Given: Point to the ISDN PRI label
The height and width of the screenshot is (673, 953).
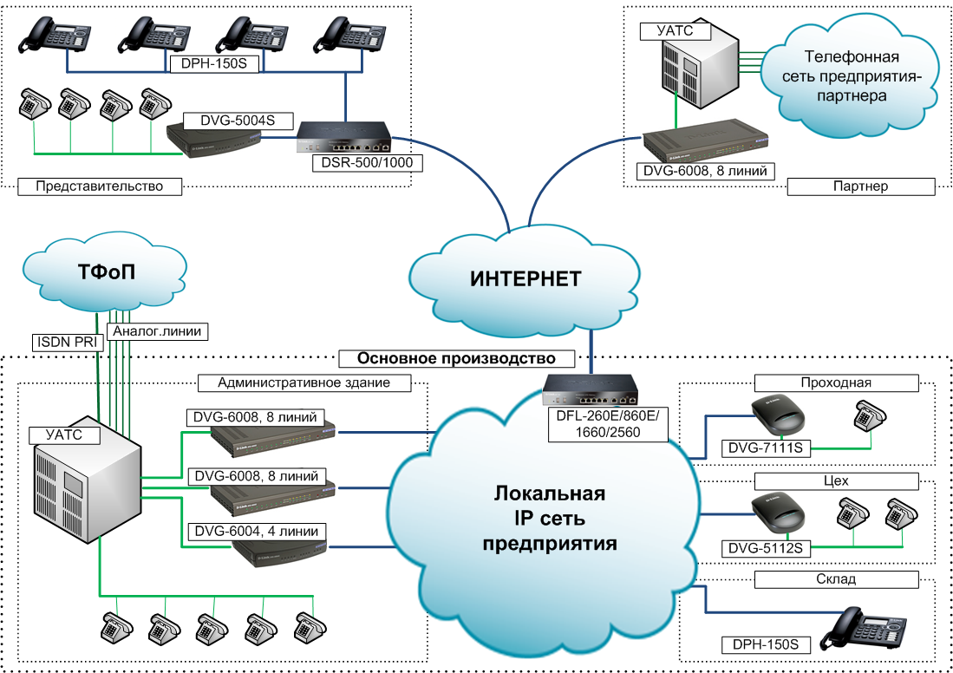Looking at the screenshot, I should tap(66, 342).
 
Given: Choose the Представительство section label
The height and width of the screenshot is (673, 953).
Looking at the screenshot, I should tap(101, 186).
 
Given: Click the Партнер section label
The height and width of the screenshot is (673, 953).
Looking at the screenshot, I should tap(860, 186).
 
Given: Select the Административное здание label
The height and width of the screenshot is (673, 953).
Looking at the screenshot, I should tap(304, 382).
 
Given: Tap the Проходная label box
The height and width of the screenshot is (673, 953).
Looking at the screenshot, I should tap(836, 382).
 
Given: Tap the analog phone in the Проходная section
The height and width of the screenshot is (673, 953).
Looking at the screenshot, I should tap(868, 416).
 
